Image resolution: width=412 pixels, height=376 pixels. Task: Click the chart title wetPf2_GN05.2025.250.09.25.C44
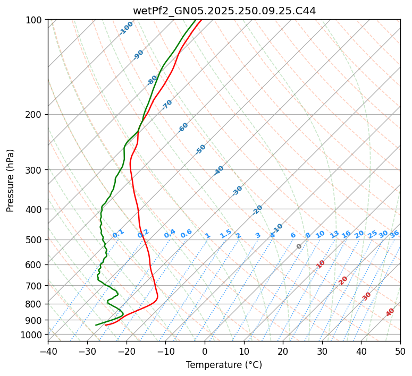(224, 11)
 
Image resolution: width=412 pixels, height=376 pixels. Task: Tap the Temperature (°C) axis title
(224, 365)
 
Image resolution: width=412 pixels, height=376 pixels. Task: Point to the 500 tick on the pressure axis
(35, 240)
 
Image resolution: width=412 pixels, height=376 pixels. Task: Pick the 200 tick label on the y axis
(35, 114)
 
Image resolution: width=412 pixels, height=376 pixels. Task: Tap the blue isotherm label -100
(127, 28)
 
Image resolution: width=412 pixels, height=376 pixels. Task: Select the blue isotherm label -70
(167, 105)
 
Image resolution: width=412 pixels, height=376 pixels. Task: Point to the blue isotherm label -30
(237, 191)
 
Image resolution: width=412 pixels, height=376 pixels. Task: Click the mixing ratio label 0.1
(119, 234)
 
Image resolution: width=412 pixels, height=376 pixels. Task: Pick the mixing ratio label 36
(394, 234)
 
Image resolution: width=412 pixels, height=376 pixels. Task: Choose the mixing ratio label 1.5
(225, 234)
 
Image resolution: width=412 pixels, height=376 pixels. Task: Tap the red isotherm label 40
(390, 312)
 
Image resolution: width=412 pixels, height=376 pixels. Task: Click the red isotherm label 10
(321, 264)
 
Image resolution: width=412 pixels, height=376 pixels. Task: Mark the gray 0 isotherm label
(299, 246)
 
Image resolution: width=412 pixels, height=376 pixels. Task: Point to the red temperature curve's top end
(201, 20)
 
